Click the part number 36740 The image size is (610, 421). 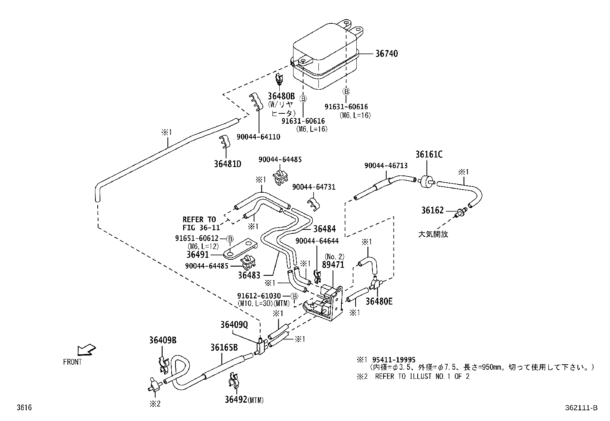[386, 54]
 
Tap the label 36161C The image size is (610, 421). [429, 154]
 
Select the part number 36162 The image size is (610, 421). [432, 210]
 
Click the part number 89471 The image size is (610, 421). [333, 265]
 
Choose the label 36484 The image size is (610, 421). [324, 229]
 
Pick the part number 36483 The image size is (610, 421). [249, 275]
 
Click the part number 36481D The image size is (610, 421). [228, 164]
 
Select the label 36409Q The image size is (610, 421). [234, 325]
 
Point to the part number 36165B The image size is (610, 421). [224, 347]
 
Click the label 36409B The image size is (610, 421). [163, 340]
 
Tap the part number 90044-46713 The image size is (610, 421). [386, 165]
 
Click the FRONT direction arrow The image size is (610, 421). [86, 350]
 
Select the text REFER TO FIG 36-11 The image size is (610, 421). [199, 223]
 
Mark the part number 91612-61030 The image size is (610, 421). [259, 296]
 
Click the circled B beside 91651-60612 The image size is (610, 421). [230, 239]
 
